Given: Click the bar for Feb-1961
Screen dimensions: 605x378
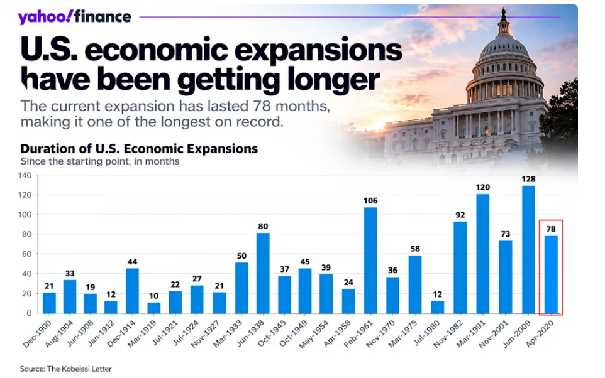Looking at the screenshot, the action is click(x=370, y=260).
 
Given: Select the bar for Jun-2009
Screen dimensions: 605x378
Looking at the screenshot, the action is click(x=529, y=249).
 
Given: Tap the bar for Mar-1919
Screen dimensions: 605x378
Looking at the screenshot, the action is click(x=153, y=308).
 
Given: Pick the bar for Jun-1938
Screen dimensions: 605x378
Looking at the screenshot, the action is click(x=263, y=273).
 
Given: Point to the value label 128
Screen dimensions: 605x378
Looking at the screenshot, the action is click(x=529, y=179).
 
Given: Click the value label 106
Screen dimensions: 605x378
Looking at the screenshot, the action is click(x=370, y=201).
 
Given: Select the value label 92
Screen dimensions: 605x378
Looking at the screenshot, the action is click(x=460, y=215).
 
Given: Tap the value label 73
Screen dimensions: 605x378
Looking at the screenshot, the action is click(x=506, y=234).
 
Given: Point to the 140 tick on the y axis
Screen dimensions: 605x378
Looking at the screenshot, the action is click(x=25, y=175).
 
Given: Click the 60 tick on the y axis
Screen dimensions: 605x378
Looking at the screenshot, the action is click(x=26, y=254).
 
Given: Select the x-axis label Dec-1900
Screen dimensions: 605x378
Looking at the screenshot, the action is click(x=38, y=333).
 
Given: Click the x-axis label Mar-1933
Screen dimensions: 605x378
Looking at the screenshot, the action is click(x=228, y=333).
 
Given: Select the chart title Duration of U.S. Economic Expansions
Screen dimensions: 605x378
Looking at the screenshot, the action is click(x=139, y=149).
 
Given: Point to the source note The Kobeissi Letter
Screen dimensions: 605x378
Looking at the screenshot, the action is click(x=79, y=369).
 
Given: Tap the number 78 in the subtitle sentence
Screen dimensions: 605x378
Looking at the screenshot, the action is click(x=262, y=106).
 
